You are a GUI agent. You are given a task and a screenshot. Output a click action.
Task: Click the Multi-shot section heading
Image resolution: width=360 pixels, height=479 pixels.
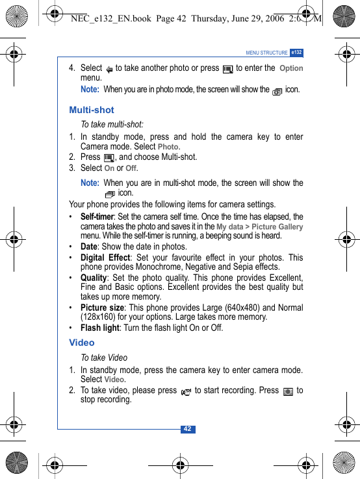(x=92, y=110)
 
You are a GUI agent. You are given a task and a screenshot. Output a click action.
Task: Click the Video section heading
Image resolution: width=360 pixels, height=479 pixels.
(x=82, y=343)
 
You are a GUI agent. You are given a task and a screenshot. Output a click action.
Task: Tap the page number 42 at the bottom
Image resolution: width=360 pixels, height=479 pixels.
(x=187, y=429)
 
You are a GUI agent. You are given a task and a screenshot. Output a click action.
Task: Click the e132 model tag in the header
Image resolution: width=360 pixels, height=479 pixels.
(x=296, y=52)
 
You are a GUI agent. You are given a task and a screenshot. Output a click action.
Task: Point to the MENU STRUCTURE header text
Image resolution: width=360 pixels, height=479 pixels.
(x=266, y=53)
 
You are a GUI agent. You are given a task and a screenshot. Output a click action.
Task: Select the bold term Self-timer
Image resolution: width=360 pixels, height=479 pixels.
(x=97, y=216)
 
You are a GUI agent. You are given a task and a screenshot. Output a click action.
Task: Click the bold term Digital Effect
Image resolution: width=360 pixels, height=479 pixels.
(x=105, y=257)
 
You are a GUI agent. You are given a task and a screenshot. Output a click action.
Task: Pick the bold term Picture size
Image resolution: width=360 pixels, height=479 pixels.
(x=102, y=307)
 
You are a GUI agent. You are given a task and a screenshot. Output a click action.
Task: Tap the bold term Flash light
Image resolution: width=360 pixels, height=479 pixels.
(x=99, y=328)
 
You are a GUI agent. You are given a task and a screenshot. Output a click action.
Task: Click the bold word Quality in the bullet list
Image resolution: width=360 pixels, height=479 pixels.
(x=94, y=278)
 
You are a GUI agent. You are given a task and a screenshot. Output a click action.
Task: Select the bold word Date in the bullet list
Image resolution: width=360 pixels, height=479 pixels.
(x=88, y=246)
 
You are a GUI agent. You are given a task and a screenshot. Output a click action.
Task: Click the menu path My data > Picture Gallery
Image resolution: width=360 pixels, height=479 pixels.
(x=259, y=227)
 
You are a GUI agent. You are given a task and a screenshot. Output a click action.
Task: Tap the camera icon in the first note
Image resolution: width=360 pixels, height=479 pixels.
(x=277, y=92)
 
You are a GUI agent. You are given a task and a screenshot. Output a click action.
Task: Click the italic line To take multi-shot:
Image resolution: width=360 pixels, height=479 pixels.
(x=112, y=124)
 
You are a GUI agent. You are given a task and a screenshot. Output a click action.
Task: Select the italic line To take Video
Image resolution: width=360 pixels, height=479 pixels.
(x=104, y=357)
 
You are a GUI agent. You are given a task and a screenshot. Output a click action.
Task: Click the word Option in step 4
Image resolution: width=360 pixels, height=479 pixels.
(x=291, y=68)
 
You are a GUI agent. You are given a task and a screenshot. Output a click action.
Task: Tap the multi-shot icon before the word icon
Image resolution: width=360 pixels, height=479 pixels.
(x=110, y=194)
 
